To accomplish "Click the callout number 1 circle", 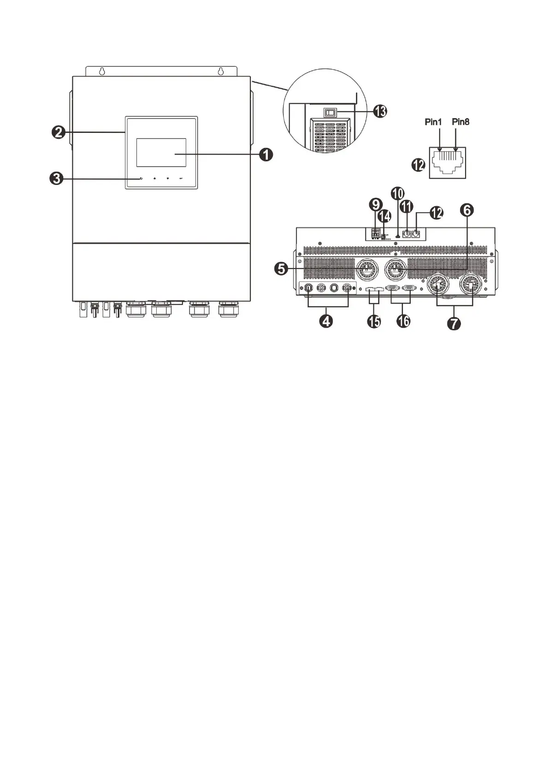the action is tap(266, 155).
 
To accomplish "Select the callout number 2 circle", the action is tap(58, 132).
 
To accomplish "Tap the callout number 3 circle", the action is tap(56, 179).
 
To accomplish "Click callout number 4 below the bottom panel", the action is tap(327, 321).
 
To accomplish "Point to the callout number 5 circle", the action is tap(281, 268).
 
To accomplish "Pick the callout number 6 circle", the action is tap(466, 210).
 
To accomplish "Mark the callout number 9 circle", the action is tap(376, 204).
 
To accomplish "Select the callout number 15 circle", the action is tap(374, 321).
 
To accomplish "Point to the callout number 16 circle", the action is tap(403, 321).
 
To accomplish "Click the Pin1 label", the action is tap(433, 122).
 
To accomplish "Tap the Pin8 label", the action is tap(460, 122).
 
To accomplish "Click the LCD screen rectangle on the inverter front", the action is tap(161, 152).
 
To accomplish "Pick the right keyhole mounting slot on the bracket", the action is tap(221, 72).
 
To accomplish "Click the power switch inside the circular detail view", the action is tap(329, 112).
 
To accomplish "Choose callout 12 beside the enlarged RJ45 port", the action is tap(418, 165).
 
